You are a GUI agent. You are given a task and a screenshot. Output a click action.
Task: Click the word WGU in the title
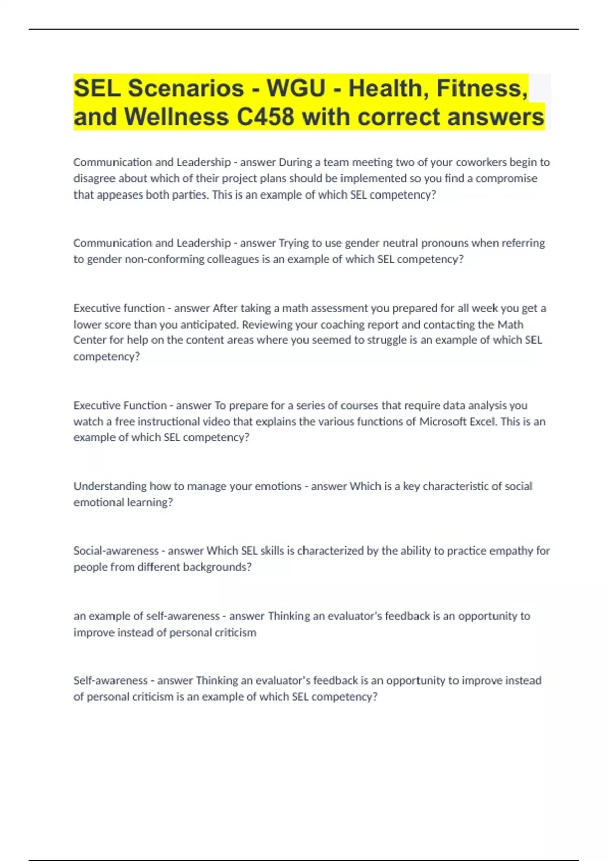click(x=296, y=88)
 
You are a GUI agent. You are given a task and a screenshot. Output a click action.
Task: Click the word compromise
click(x=506, y=178)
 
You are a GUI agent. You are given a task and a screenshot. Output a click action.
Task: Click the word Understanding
click(x=111, y=486)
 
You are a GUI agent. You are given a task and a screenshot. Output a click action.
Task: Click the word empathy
click(x=500, y=551)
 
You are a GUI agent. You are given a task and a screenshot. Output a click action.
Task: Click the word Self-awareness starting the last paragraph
click(x=110, y=681)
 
